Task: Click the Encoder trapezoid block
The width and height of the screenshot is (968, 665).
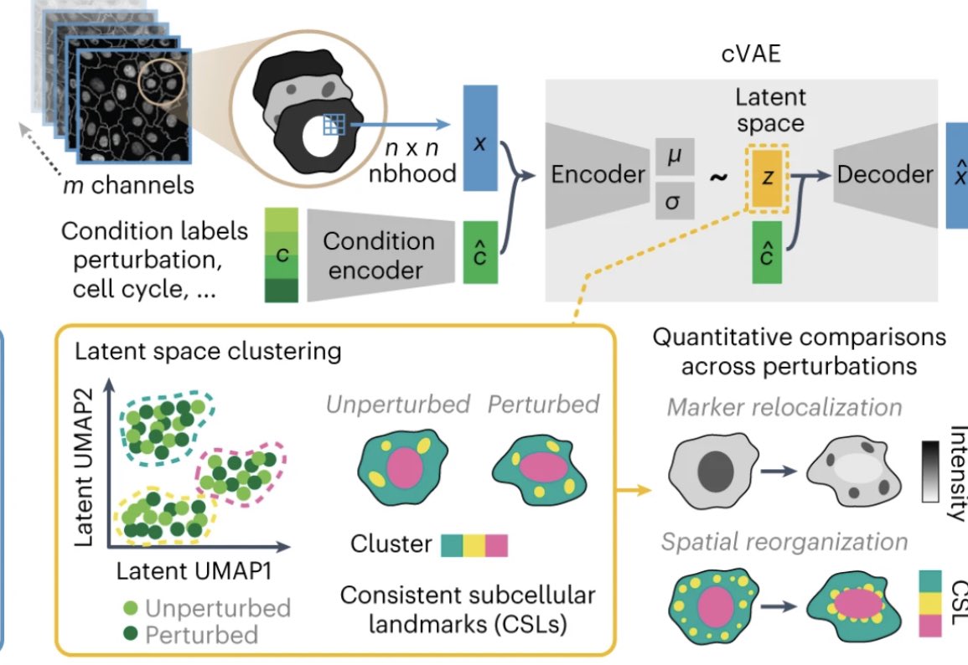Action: coord(598,174)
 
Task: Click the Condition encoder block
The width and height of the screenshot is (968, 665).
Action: coord(378,254)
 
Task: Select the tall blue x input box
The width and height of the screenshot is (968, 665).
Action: coord(479,143)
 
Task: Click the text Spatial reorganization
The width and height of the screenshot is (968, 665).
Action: coord(784,542)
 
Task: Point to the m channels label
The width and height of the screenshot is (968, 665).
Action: coord(128,184)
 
